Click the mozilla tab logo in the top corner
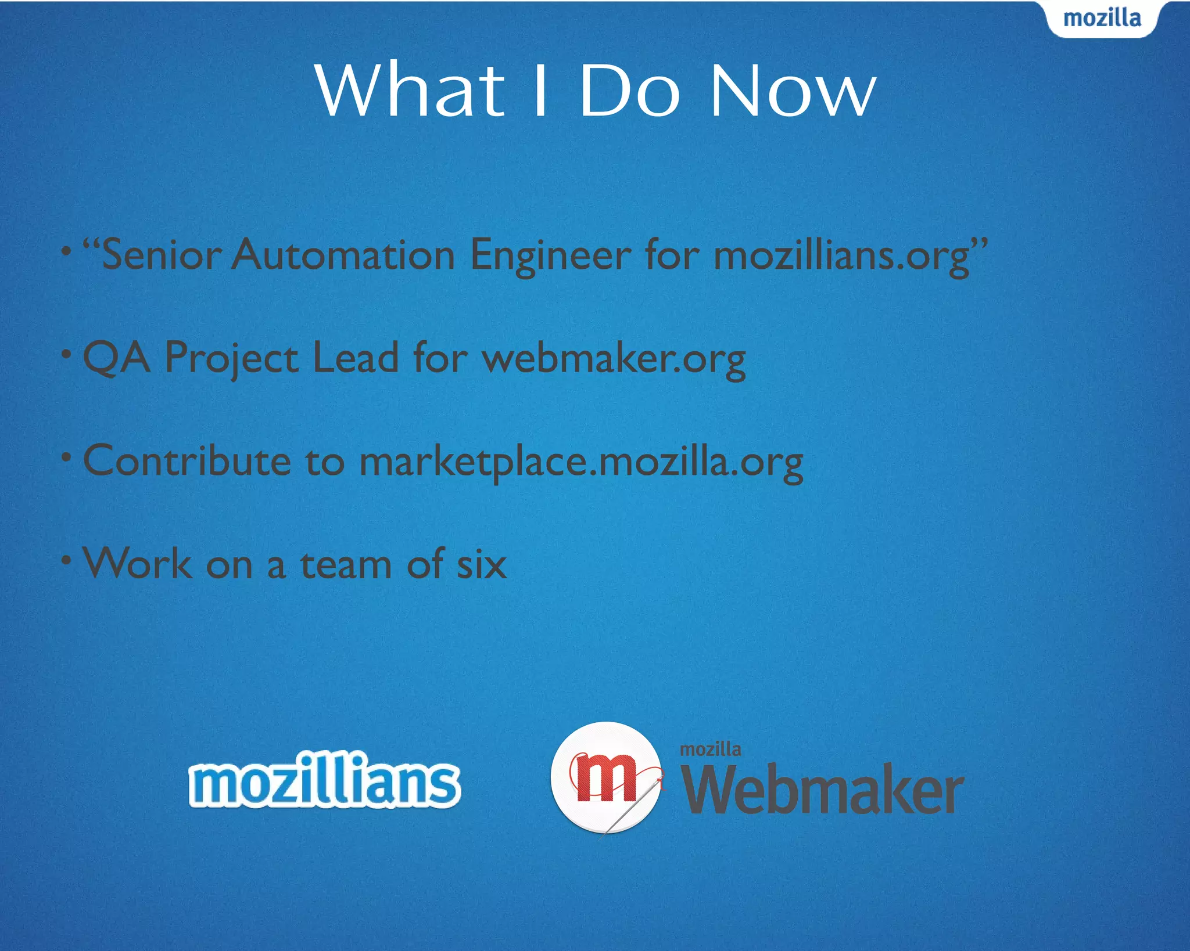(x=1102, y=19)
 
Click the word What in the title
(x=410, y=90)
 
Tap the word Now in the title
(x=793, y=90)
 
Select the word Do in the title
(x=629, y=90)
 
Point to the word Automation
(x=343, y=255)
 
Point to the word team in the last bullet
(x=346, y=564)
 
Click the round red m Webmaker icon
(x=605, y=778)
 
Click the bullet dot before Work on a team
(x=67, y=560)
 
